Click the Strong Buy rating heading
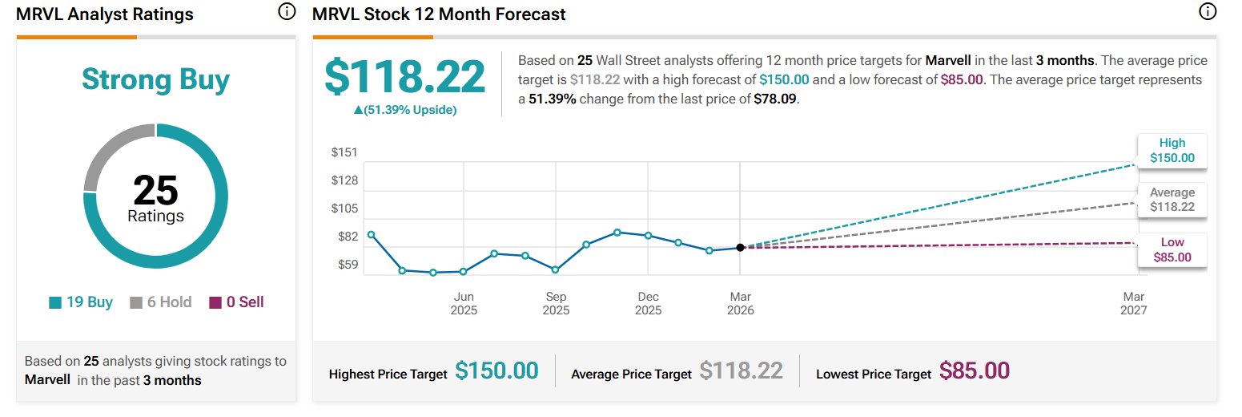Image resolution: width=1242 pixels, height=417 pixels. (155, 79)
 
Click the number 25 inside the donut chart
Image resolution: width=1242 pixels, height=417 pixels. (155, 191)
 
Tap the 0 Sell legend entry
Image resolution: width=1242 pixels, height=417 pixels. (236, 302)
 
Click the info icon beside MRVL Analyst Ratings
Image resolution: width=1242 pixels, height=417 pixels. (286, 12)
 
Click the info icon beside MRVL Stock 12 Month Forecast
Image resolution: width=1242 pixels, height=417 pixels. (1207, 12)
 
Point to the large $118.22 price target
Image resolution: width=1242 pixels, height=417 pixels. (404, 77)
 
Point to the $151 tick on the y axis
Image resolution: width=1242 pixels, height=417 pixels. (344, 152)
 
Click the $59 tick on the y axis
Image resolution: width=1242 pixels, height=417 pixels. (347, 265)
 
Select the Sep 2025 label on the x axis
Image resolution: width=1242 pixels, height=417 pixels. (556, 304)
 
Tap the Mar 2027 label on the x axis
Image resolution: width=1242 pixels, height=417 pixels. (1134, 304)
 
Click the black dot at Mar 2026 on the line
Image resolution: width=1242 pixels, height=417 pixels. (740, 247)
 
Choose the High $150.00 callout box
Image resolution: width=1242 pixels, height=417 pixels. (1172, 150)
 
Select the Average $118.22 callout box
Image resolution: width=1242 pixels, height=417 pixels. (1172, 200)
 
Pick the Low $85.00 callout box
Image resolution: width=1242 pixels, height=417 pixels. (1172, 249)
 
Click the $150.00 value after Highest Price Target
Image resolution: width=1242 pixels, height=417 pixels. (496, 370)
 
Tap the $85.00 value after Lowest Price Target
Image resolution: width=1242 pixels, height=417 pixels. (974, 370)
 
